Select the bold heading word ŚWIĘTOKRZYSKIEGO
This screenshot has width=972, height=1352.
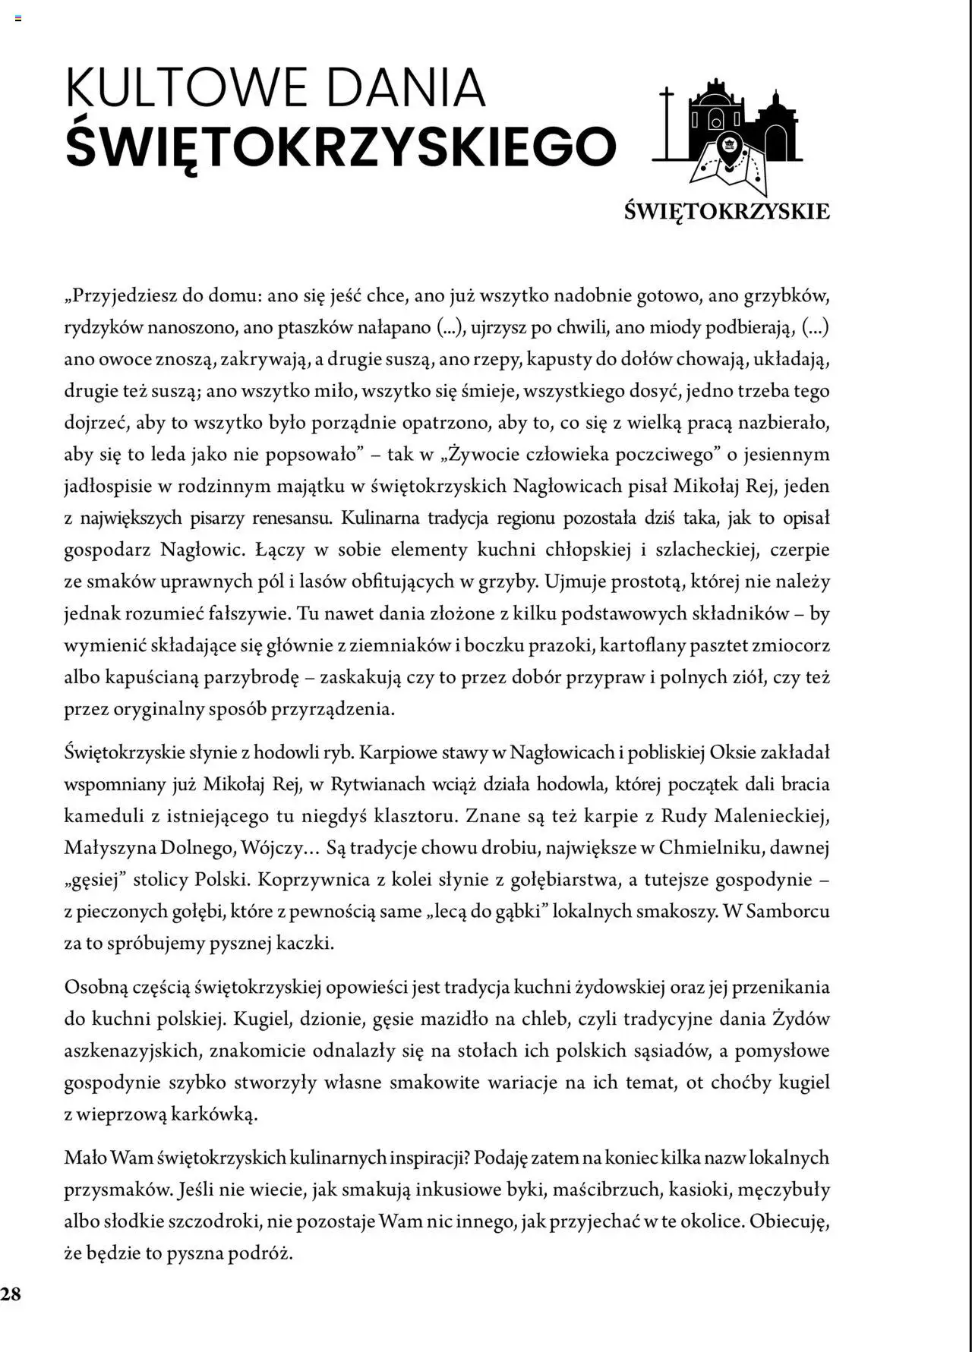pos(341,146)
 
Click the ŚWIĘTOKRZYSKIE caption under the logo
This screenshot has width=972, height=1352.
pos(727,211)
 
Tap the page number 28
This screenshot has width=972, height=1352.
pos(11,1294)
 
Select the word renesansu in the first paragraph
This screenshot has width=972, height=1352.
pos(292,518)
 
